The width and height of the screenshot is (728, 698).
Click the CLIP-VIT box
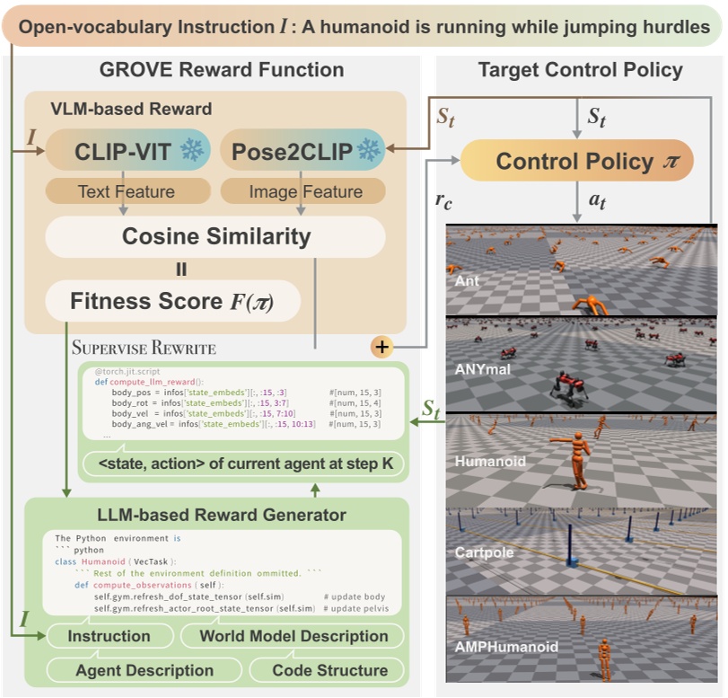pos(126,151)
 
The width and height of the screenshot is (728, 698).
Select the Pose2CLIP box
pos(302,151)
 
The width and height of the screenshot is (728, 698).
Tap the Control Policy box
pos(576,162)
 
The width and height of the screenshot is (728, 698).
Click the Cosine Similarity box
pos(215,237)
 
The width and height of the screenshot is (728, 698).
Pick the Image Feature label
pos(303,191)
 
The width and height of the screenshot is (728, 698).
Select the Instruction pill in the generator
pos(110,636)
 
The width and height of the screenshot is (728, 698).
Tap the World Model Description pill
pos(294,636)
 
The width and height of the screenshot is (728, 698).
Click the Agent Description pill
pos(144,670)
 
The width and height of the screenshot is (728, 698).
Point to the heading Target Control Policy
pos(580,70)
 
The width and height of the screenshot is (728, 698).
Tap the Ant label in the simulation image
pos(468,281)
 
